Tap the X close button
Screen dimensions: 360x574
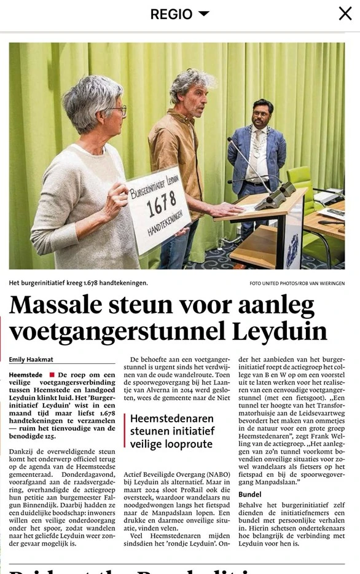click(345, 14)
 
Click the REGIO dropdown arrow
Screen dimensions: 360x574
click(204, 14)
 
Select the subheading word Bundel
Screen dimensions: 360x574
click(250, 493)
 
